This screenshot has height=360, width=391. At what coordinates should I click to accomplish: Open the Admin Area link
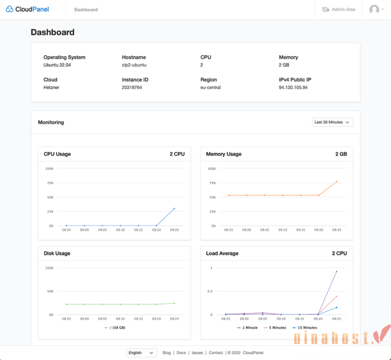coord(339,9)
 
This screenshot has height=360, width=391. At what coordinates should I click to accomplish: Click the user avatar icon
coord(375,9)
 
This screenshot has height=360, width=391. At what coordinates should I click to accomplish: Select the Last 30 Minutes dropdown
coord(332,122)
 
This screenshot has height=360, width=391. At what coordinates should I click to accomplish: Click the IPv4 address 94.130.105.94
coord(293,88)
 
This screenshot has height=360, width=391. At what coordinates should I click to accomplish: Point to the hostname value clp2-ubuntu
coord(134,65)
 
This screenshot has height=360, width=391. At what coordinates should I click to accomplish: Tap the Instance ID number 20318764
coord(132,88)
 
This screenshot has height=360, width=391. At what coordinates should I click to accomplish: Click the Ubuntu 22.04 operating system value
coord(58,65)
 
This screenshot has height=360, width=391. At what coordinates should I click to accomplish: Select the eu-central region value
coord(211,88)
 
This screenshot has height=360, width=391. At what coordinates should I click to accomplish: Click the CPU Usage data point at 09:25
coord(174,208)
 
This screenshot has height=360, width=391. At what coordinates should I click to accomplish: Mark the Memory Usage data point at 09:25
coord(337,181)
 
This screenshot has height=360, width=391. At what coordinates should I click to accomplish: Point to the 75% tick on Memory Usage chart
coord(212,183)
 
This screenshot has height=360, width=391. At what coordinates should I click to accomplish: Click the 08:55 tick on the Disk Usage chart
coord(66,319)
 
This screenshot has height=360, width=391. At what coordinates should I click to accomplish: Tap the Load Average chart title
coord(222,253)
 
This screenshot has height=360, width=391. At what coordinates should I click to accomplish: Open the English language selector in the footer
coord(142,352)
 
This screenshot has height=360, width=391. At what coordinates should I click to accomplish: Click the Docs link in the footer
coord(181,352)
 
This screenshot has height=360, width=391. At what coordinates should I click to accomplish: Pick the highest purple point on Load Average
coord(337,271)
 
